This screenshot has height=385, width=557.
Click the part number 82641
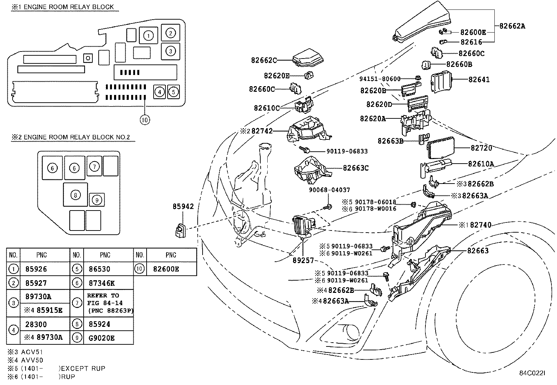pos(479,80)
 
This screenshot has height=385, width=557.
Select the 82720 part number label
pos(481,148)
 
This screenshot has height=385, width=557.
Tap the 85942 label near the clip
pos(183,207)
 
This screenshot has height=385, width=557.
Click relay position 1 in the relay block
pos(149,35)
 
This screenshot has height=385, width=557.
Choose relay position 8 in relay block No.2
pos(75,195)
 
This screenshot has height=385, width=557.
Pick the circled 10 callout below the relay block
pos(145,120)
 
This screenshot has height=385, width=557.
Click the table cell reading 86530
pos(100,269)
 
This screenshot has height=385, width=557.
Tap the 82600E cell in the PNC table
pos(166,269)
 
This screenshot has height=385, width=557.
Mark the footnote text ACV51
pos(32,352)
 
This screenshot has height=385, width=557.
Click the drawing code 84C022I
pos(532,373)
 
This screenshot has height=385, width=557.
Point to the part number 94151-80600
pos(380,79)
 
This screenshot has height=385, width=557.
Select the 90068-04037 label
pos(329,190)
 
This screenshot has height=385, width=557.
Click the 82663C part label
pos(355,168)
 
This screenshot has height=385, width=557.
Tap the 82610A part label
pos(481,164)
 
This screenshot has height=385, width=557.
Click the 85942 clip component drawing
pos(179,231)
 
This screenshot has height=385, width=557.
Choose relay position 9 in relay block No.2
pos(97,200)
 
